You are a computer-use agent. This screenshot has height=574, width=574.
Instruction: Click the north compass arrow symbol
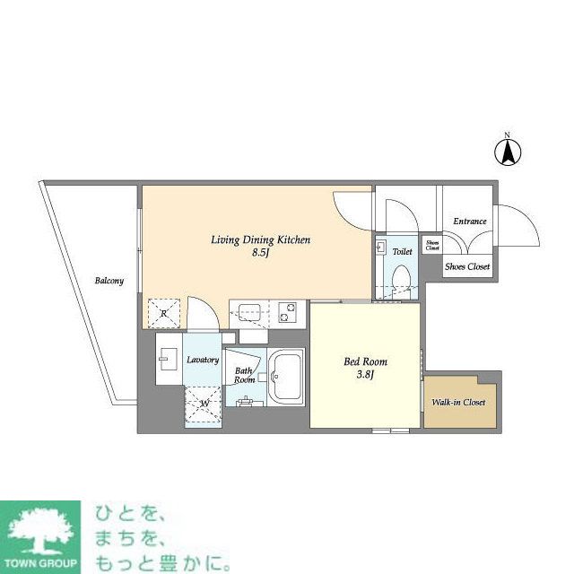click(507, 153)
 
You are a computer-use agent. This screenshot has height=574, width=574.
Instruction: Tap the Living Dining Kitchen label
click(260, 239)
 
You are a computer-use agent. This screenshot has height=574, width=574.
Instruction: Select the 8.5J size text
click(260, 254)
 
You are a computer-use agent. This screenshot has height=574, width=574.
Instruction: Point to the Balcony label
click(109, 281)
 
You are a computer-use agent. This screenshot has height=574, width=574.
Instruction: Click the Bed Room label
click(366, 361)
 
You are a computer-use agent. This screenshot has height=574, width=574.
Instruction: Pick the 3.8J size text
click(366, 376)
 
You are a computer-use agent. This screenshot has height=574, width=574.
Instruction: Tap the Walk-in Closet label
click(459, 402)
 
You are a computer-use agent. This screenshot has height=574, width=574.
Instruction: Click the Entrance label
click(469, 222)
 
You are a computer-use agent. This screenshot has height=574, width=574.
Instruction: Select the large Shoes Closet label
click(468, 266)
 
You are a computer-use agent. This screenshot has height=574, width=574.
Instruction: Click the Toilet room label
click(402, 252)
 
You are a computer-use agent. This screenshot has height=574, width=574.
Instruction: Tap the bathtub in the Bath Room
click(288, 376)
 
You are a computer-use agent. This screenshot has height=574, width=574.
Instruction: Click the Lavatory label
click(203, 360)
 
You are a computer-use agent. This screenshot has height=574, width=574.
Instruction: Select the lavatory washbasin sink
click(169, 363)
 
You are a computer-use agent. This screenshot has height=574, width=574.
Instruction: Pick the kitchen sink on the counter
click(248, 313)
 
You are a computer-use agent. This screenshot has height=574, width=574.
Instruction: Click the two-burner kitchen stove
click(290, 312)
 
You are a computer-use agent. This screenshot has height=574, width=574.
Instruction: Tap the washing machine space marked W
click(204, 403)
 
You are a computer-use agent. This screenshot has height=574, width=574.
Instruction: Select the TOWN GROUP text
click(41, 565)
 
